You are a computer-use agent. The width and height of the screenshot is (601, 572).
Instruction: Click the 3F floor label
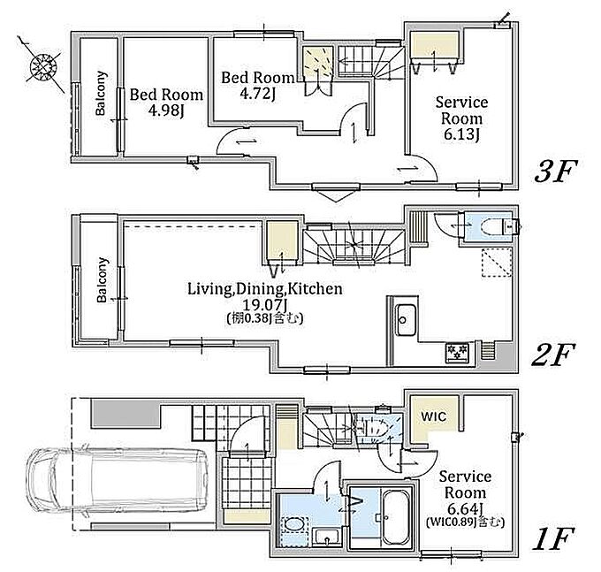point(555,172)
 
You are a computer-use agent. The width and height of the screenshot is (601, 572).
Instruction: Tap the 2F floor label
point(553,354)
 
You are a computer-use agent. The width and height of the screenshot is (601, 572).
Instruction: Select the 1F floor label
point(553,538)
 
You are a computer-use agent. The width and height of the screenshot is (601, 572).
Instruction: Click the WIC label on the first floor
point(433,416)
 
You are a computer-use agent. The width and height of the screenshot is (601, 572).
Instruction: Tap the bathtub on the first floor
point(397,517)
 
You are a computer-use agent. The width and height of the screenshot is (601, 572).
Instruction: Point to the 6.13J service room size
point(461,135)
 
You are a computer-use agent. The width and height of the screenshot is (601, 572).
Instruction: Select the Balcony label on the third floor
point(101,93)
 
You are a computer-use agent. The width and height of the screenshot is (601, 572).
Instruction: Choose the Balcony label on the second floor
point(102,280)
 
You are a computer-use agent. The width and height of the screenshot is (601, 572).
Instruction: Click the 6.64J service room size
point(465,509)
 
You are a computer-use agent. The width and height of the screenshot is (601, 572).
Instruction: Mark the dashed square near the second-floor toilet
point(497,263)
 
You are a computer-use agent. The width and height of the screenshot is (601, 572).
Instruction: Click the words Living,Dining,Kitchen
point(265,289)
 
